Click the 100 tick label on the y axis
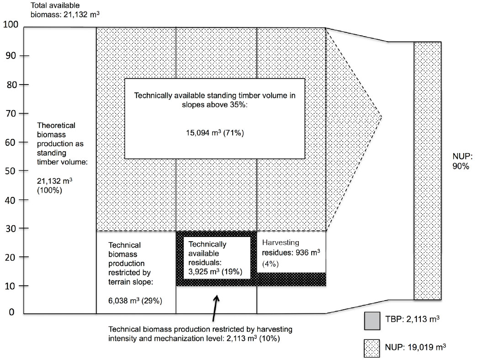(11, 24)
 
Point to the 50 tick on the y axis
(24, 171)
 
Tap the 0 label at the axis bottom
(11, 312)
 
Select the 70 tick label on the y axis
(10, 114)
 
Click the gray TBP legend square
(372, 321)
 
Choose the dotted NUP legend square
(372, 349)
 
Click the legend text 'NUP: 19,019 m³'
(415, 347)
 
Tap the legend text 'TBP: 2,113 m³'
(412, 319)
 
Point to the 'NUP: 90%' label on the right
(462, 161)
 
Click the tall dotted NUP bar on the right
(427, 171)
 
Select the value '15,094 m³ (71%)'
(215, 132)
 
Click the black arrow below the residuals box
(215, 308)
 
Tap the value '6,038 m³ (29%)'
(135, 301)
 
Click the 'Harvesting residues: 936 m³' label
(291, 248)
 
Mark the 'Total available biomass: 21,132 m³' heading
(65, 10)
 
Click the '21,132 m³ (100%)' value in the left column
(54, 185)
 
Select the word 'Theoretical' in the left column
(56, 125)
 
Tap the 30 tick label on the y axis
(10, 228)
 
